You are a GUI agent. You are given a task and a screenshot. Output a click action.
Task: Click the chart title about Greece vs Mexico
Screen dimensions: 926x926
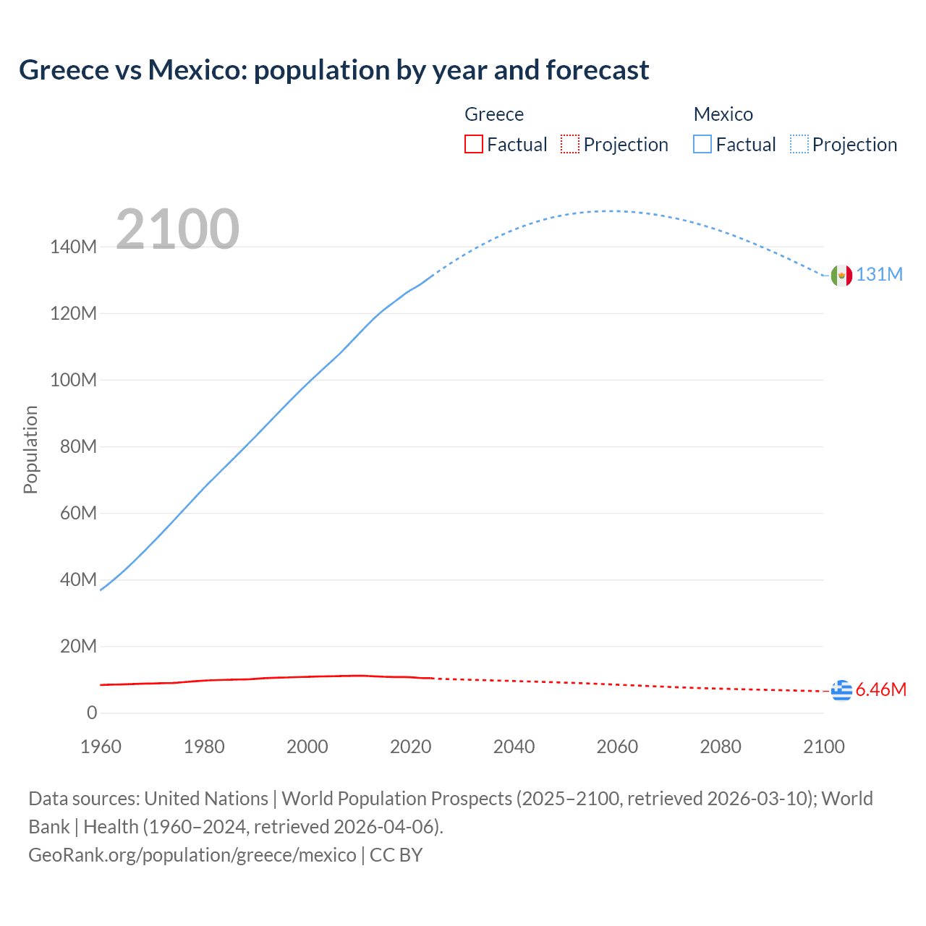[334, 70]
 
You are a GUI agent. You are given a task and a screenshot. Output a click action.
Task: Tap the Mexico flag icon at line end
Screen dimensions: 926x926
[841, 275]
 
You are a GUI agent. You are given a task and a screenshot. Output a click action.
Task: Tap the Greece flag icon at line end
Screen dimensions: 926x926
[841, 691]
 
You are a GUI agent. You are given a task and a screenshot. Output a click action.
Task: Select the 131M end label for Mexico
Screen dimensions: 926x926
[879, 275]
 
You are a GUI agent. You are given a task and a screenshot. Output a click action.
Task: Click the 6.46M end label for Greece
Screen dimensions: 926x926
[880, 690]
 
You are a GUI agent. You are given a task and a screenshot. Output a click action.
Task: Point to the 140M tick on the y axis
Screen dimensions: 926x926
[73, 247]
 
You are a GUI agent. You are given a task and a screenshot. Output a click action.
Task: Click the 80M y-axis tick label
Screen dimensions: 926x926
[78, 447]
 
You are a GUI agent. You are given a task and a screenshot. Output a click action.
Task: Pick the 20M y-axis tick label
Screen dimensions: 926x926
[78, 647]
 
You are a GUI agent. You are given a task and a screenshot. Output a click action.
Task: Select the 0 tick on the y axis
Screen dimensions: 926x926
[92, 713]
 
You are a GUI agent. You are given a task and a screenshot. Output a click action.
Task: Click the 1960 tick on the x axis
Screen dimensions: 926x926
[101, 747]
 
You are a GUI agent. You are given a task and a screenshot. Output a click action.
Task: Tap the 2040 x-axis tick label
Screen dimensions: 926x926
[514, 747]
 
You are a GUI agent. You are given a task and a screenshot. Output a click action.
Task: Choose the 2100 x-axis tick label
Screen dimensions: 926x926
[823, 747]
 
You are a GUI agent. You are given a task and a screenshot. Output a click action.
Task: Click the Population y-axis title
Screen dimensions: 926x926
[30, 449]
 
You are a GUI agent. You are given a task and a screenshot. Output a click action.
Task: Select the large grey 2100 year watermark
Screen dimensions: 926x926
[177, 229]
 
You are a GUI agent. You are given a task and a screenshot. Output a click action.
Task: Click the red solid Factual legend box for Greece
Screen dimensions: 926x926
[474, 145]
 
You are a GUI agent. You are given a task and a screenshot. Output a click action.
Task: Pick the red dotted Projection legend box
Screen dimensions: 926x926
[570, 145]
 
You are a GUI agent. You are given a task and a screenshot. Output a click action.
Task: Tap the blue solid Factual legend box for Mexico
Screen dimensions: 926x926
[702, 145]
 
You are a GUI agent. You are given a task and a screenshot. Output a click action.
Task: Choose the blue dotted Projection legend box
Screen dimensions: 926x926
[799, 145]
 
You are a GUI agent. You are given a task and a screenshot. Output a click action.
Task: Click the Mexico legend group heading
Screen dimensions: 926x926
[723, 114]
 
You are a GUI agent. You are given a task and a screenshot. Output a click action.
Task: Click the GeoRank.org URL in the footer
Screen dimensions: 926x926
[192, 855]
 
